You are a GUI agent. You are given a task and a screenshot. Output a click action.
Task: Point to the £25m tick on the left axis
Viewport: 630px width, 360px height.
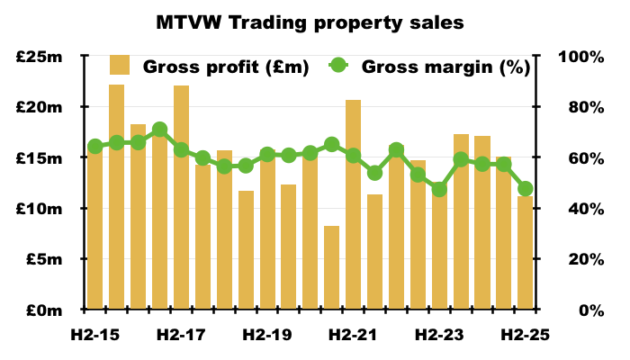coord(39,57)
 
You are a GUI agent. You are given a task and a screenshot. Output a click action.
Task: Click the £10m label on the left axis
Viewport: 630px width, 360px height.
coord(39,209)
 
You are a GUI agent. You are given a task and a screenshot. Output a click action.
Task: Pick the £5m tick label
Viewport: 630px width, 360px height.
coord(42,259)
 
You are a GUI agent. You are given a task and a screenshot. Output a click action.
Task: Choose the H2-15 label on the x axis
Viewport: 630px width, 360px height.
coord(94,335)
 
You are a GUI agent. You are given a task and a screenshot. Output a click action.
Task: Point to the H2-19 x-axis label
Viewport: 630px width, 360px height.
coord(267,335)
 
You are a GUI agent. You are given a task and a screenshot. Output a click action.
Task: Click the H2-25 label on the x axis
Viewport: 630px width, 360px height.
coord(526,335)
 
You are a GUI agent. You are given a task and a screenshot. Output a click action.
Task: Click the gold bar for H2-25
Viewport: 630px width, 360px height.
coord(526,253)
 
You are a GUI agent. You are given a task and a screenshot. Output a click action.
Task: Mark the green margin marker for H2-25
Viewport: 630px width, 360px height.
coord(526,189)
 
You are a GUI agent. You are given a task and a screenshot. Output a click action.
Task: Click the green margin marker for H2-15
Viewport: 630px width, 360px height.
coord(94,147)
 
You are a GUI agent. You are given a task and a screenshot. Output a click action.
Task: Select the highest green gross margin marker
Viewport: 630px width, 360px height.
coord(159,130)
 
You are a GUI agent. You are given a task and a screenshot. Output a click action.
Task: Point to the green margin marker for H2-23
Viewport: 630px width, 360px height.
coord(439,189)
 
